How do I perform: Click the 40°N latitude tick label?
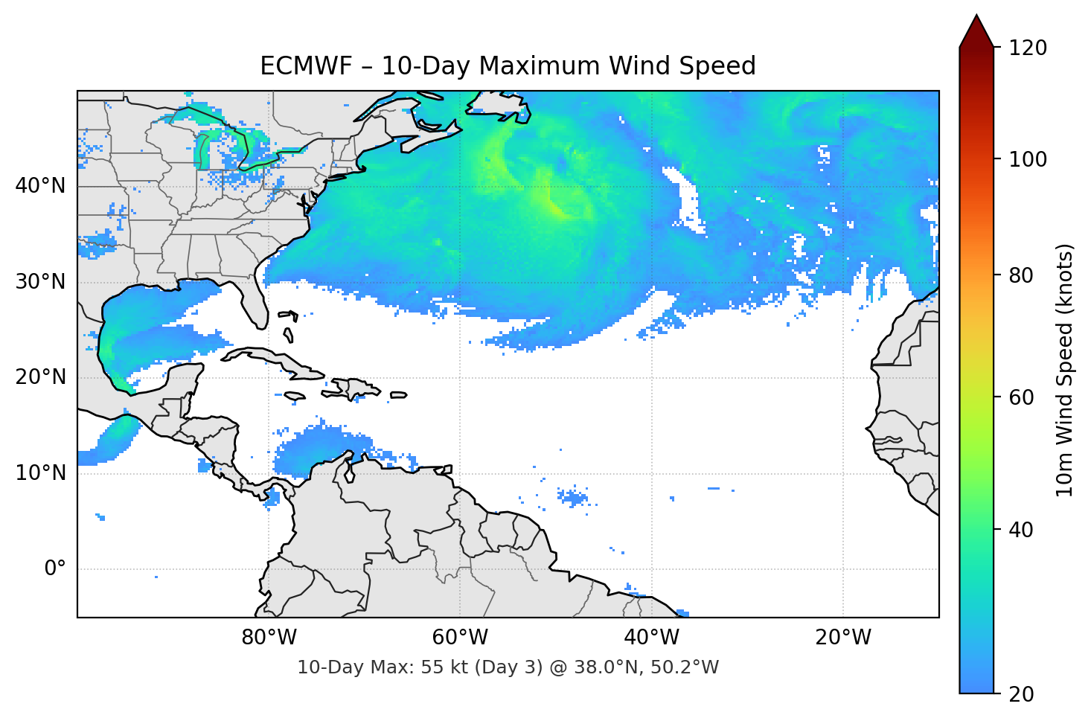pos(41,186)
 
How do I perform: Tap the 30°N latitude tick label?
pos(41,282)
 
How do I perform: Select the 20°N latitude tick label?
pos(41,377)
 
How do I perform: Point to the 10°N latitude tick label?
pos(41,473)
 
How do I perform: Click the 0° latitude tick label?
pos(55,569)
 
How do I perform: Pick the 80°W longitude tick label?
pos(269,638)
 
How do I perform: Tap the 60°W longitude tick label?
pos(460,638)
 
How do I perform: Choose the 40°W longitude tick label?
pos(651,638)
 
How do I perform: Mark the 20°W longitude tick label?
pos(842,638)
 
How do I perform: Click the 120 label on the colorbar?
pos(1028,48)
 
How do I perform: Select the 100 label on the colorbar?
pos(1028,159)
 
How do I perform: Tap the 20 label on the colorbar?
pos(1021,694)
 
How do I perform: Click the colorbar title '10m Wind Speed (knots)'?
pos(1065,370)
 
